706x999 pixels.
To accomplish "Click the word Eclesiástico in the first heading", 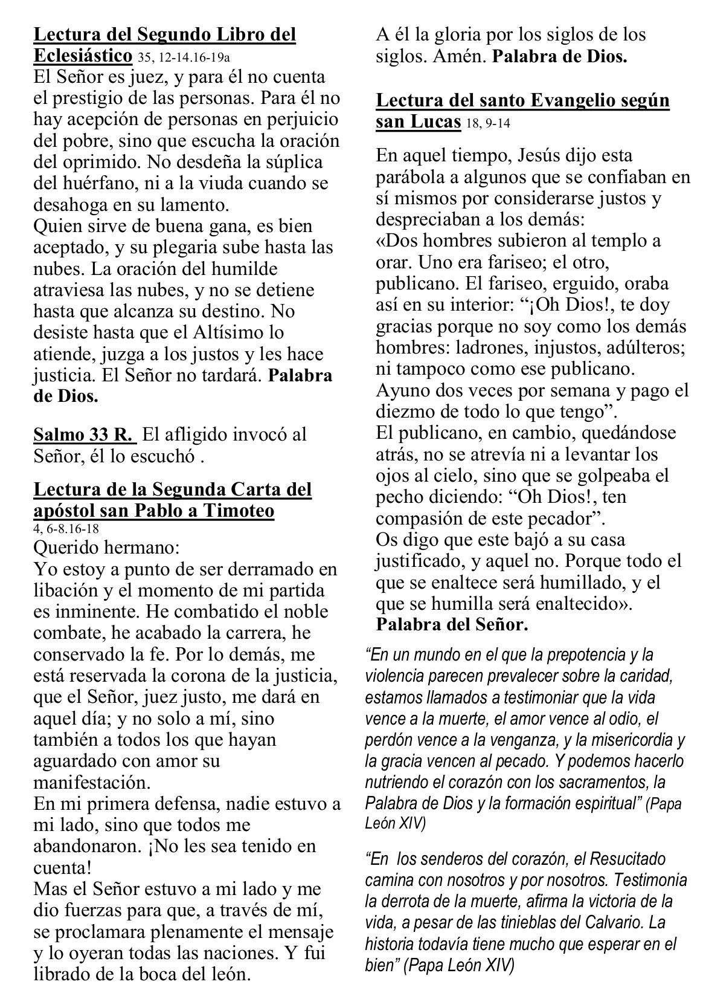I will pos(83,56).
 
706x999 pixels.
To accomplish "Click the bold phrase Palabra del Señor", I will pos(452,624).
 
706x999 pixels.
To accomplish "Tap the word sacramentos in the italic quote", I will pos(597,782).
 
